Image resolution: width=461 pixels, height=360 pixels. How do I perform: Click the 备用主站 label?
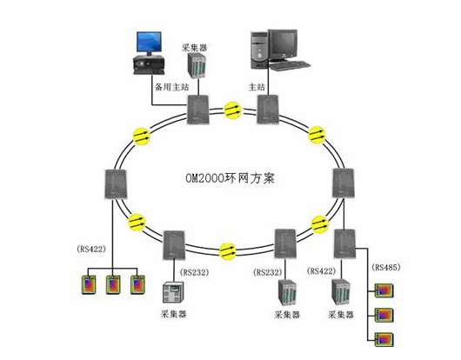pyautogui.click(x=172, y=87)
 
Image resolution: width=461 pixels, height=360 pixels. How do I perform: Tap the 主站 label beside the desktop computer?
pyautogui.click(x=257, y=87)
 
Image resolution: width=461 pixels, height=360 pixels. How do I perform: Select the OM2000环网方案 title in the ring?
pyautogui.click(x=230, y=178)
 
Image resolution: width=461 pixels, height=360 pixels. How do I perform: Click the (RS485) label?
pyautogui.click(x=386, y=267)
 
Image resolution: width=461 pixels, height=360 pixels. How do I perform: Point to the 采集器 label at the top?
pyautogui.click(x=194, y=48)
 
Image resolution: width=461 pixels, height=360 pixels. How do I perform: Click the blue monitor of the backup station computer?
pyautogui.click(x=149, y=42)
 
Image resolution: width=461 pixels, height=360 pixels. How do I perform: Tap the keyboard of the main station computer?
pyautogui.click(x=290, y=65)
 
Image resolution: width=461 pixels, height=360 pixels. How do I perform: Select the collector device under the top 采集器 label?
pyautogui.click(x=197, y=65)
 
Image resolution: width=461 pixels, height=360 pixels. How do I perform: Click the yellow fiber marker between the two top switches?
pyautogui.click(x=233, y=110)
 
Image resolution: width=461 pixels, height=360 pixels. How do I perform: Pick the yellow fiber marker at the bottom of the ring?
pyautogui.click(x=228, y=251)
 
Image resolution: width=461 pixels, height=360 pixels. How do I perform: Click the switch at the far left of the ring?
pyautogui.click(x=116, y=184)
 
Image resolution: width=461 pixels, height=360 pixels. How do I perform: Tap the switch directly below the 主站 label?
pyautogui.click(x=268, y=110)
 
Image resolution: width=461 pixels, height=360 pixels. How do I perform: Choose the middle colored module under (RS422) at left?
pyautogui.click(x=113, y=284)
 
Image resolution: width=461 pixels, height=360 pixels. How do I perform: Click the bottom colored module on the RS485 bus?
pyautogui.click(x=384, y=339)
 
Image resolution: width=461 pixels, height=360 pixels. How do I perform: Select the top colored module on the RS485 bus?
pyautogui.click(x=384, y=290)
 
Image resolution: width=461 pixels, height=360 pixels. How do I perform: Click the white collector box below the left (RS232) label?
pyautogui.click(x=173, y=292)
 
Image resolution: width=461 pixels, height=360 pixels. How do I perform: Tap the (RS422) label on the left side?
pyautogui.click(x=91, y=249)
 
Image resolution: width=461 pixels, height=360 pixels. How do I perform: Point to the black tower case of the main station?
pyautogui.click(x=259, y=50)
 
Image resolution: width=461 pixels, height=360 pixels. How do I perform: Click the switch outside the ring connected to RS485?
pyautogui.click(x=344, y=244)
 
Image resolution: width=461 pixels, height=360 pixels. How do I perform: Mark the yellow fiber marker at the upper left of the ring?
pyautogui.click(x=142, y=137)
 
